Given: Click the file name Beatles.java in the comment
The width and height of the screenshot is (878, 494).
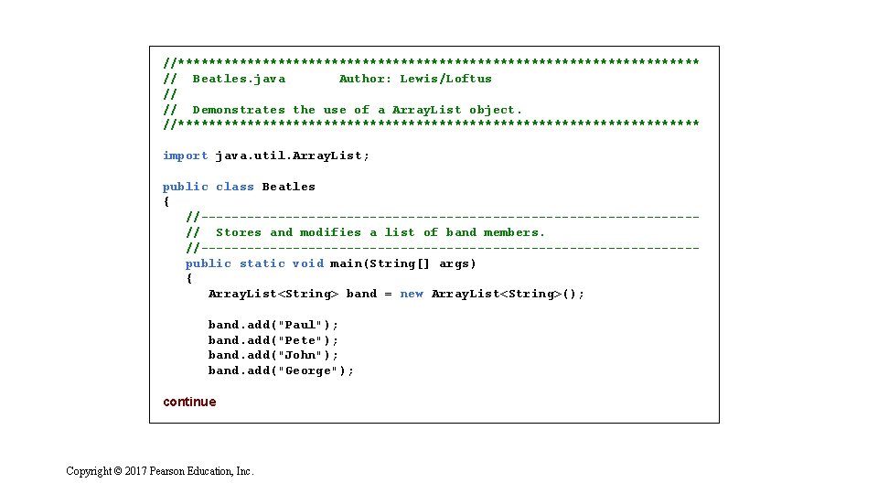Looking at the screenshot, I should (x=239, y=79).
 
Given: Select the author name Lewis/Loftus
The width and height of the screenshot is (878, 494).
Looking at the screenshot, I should (x=445, y=79).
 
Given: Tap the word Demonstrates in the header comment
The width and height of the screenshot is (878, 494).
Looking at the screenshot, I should (x=239, y=110).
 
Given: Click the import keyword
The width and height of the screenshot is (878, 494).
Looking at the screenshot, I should (x=186, y=156).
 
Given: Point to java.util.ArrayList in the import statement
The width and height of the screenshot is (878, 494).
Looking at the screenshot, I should (x=292, y=156).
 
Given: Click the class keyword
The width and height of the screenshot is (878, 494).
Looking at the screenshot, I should (x=235, y=187).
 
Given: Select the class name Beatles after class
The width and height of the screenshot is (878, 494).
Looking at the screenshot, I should (x=288, y=187).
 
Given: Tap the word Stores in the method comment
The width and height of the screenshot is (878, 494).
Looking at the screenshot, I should (x=239, y=232).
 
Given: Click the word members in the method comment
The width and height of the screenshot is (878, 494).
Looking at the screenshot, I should (x=514, y=232).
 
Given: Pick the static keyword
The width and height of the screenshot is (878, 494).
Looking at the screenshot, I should (x=262, y=263).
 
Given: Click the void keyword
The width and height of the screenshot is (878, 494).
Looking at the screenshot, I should (x=307, y=263).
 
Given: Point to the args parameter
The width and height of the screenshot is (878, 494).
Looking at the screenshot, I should (x=457, y=263).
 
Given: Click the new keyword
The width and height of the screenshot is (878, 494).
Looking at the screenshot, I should (x=412, y=294).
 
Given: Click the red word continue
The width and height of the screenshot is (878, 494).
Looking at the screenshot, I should (x=189, y=402).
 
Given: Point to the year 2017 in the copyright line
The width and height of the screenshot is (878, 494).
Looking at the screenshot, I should (x=135, y=471).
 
